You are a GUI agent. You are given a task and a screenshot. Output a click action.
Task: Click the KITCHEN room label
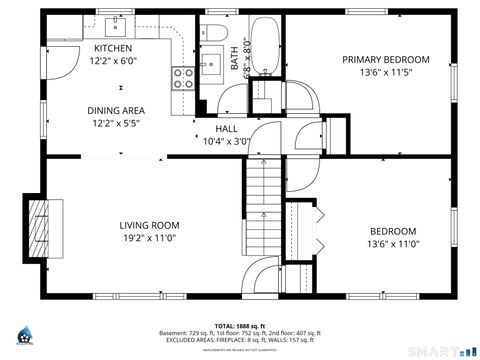click(x=112, y=48)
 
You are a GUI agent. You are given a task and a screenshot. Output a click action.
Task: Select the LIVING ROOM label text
click(x=149, y=225)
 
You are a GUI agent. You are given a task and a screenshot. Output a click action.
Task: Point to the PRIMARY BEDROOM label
click(x=385, y=59)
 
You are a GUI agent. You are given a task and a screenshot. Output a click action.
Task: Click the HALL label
click(x=226, y=129)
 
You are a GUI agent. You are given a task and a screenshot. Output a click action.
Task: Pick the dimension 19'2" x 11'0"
click(x=149, y=238)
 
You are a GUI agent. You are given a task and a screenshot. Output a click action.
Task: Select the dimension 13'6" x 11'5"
click(x=385, y=72)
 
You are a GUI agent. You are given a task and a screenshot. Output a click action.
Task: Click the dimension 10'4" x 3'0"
click(x=226, y=142)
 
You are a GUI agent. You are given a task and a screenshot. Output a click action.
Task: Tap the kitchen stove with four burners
click(x=183, y=78)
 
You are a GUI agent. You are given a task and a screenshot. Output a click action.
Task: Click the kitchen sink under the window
click(x=119, y=21)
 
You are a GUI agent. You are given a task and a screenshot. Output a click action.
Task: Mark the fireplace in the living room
click(x=37, y=228)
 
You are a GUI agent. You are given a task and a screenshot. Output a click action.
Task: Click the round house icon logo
click(x=24, y=337)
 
